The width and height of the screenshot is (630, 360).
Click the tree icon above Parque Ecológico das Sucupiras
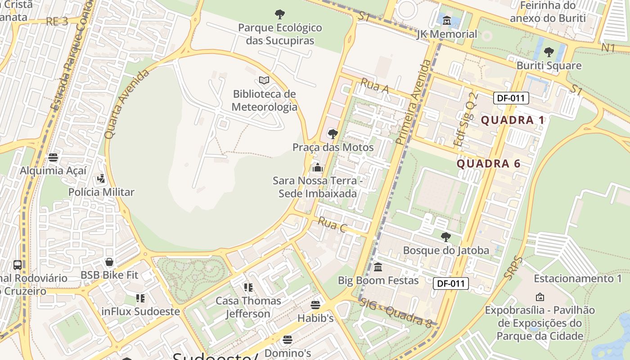(x=280, y=14)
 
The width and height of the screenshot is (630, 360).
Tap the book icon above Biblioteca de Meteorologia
(x=264, y=81)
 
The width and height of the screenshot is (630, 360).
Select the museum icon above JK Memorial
(x=447, y=21)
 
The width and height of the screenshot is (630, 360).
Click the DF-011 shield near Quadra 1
(x=511, y=98)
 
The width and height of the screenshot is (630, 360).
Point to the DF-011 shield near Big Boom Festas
(x=451, y=283)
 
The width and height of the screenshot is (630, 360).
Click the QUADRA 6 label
(x=489, y=164)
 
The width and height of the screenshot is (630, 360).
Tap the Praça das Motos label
(x=333, y=148)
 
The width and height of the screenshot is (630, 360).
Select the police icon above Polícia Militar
(x=101, y=179)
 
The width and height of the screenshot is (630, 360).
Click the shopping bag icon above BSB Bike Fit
(x=109, y=262)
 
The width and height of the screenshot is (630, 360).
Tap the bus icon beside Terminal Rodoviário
(x=18, y=265)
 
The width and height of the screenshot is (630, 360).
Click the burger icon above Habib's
(x=315, y=305)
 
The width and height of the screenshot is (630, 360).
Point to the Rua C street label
(x=332, y=225)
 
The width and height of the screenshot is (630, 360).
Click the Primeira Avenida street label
(x=414, y=103)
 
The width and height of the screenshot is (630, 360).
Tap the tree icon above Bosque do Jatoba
(x=446, y=237)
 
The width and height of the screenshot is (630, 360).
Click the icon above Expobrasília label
(x=540, y=297)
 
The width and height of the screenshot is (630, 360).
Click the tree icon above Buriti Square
(x=549, y=52)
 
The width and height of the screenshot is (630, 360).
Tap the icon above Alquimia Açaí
(x=53, y=157)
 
